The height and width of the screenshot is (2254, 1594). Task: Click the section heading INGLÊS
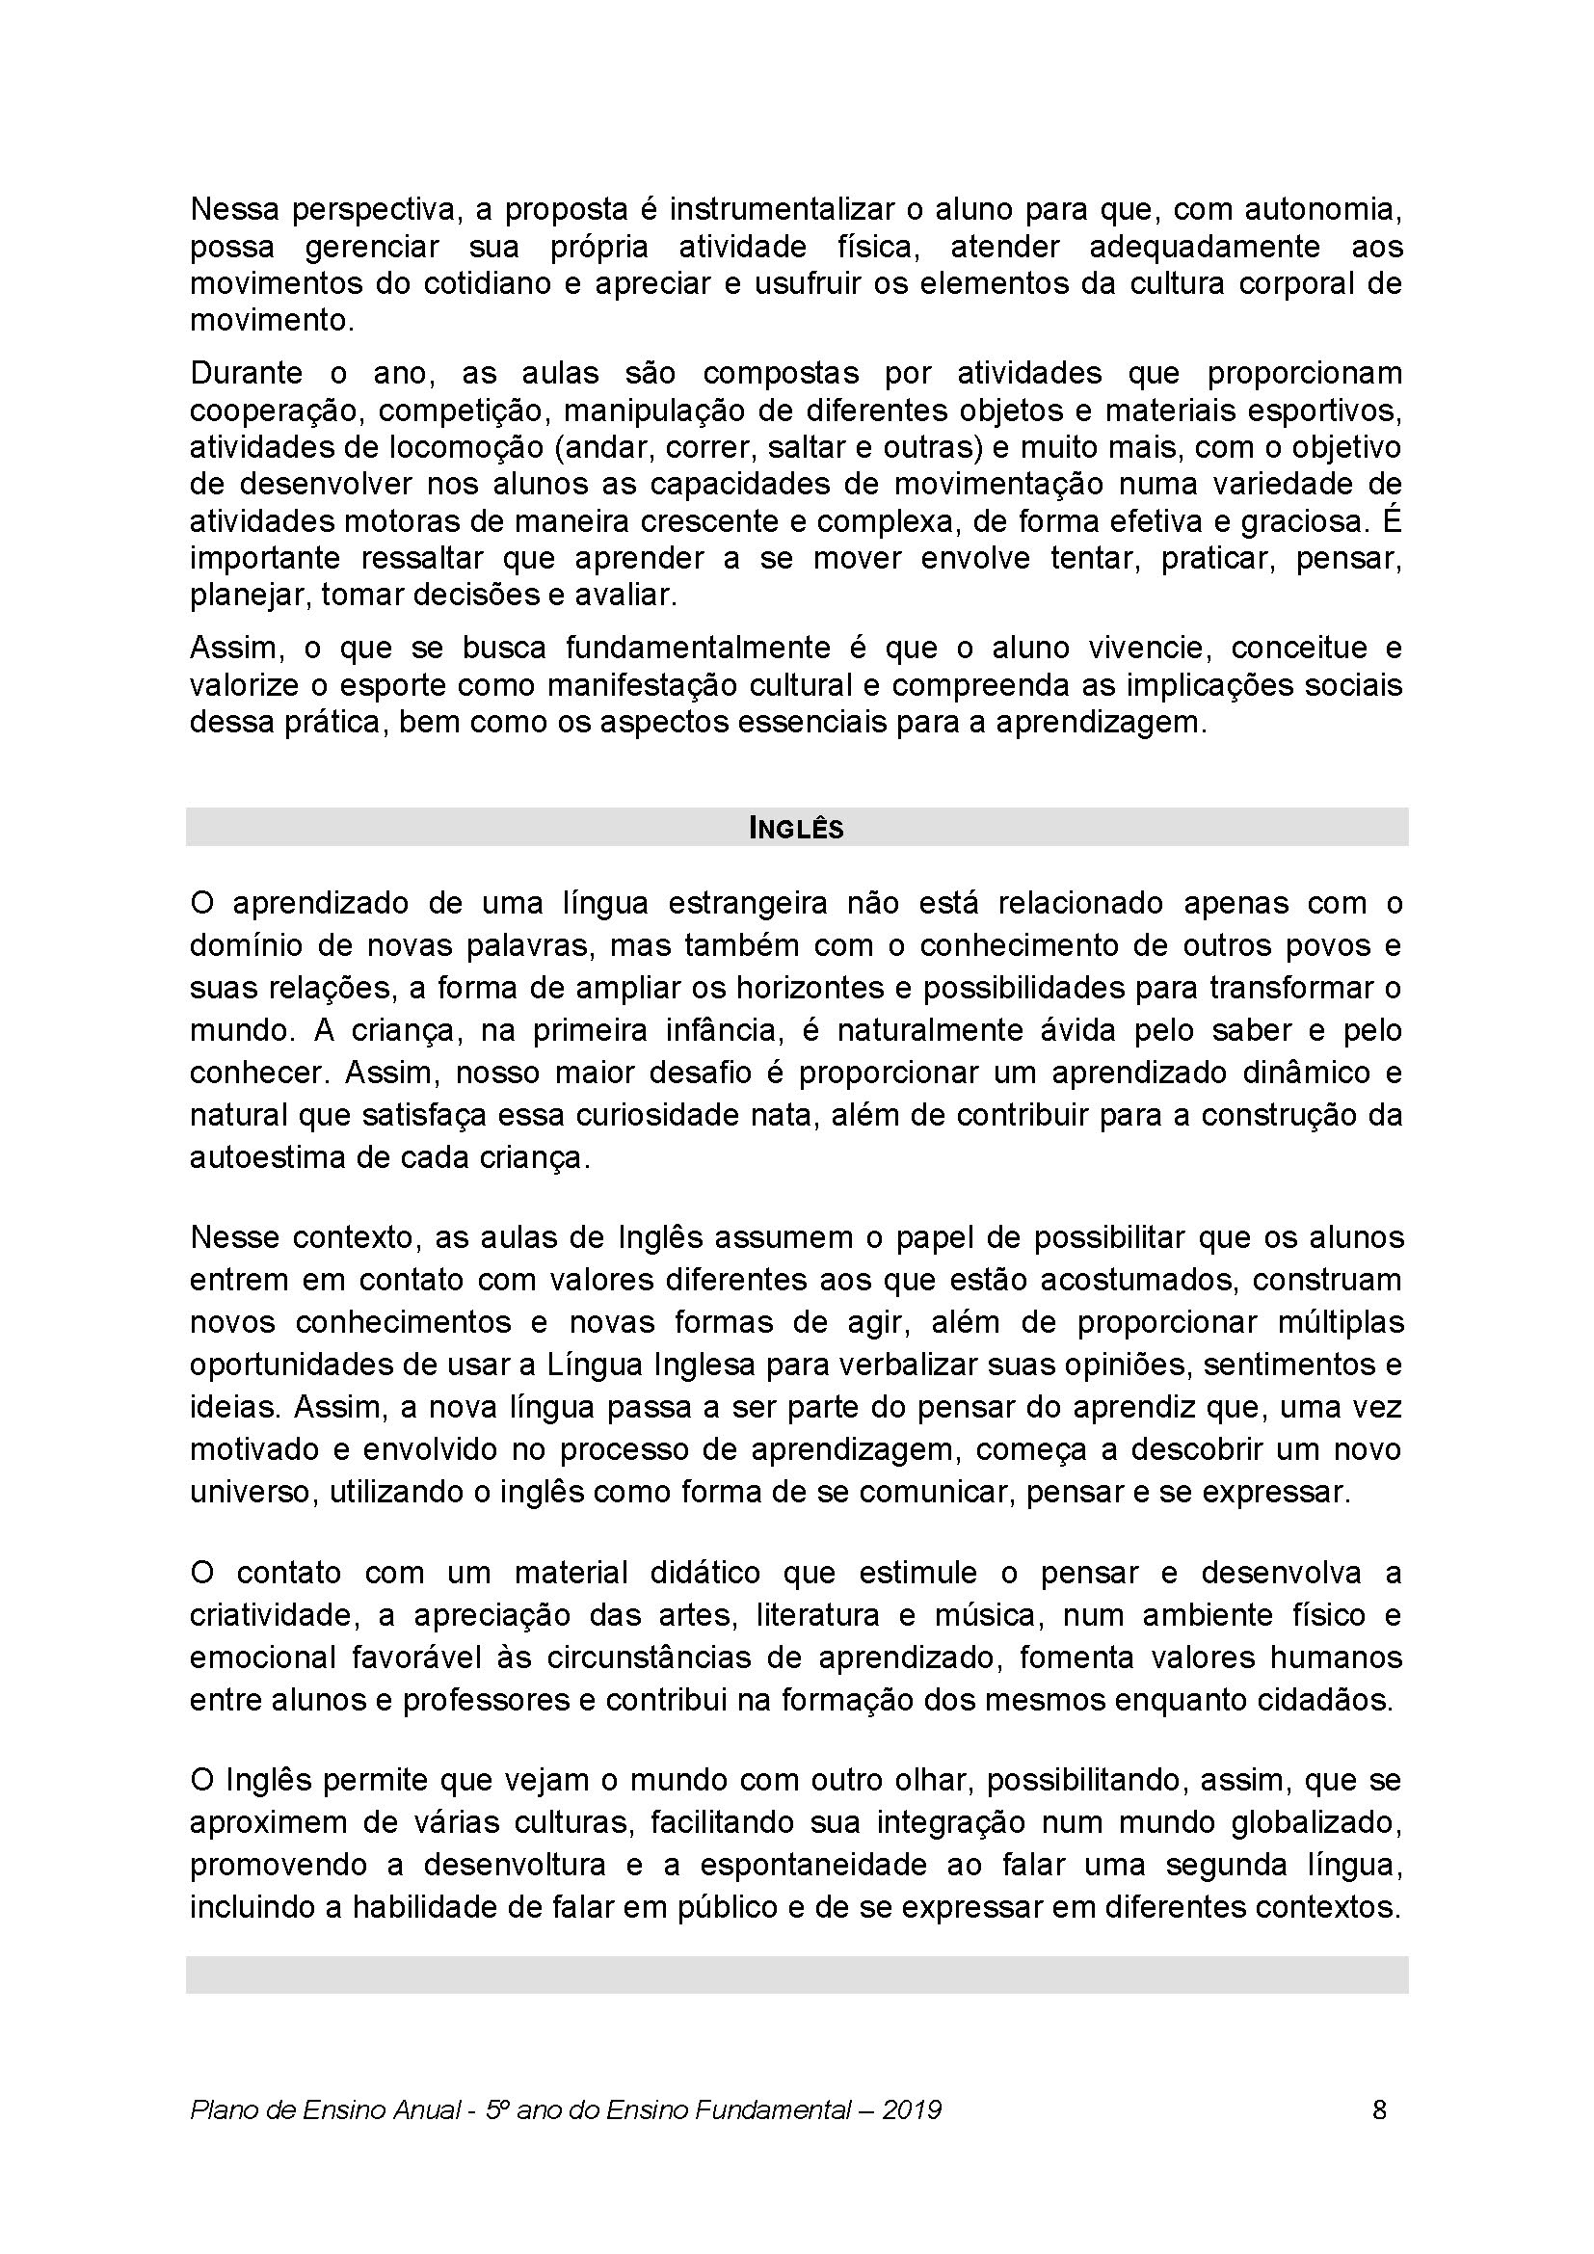tap(796, 829)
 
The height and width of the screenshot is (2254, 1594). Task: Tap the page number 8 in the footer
tap(1379, 2108)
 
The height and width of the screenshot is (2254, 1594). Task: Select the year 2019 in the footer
tap(912, 2109)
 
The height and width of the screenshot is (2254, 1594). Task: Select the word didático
tap(704, 1573)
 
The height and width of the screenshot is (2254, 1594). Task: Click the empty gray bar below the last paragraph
tap(796, 1976)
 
